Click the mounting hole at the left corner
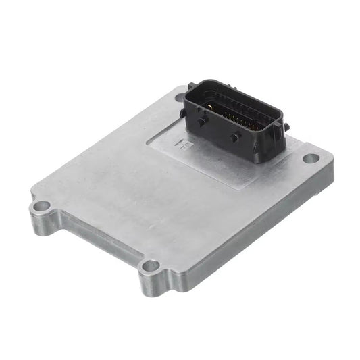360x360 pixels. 41,206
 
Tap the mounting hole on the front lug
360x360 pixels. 151,265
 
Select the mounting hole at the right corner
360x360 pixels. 310,159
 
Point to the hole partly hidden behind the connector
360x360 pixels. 180,97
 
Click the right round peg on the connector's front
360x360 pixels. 233,138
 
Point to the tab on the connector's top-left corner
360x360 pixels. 192,86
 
